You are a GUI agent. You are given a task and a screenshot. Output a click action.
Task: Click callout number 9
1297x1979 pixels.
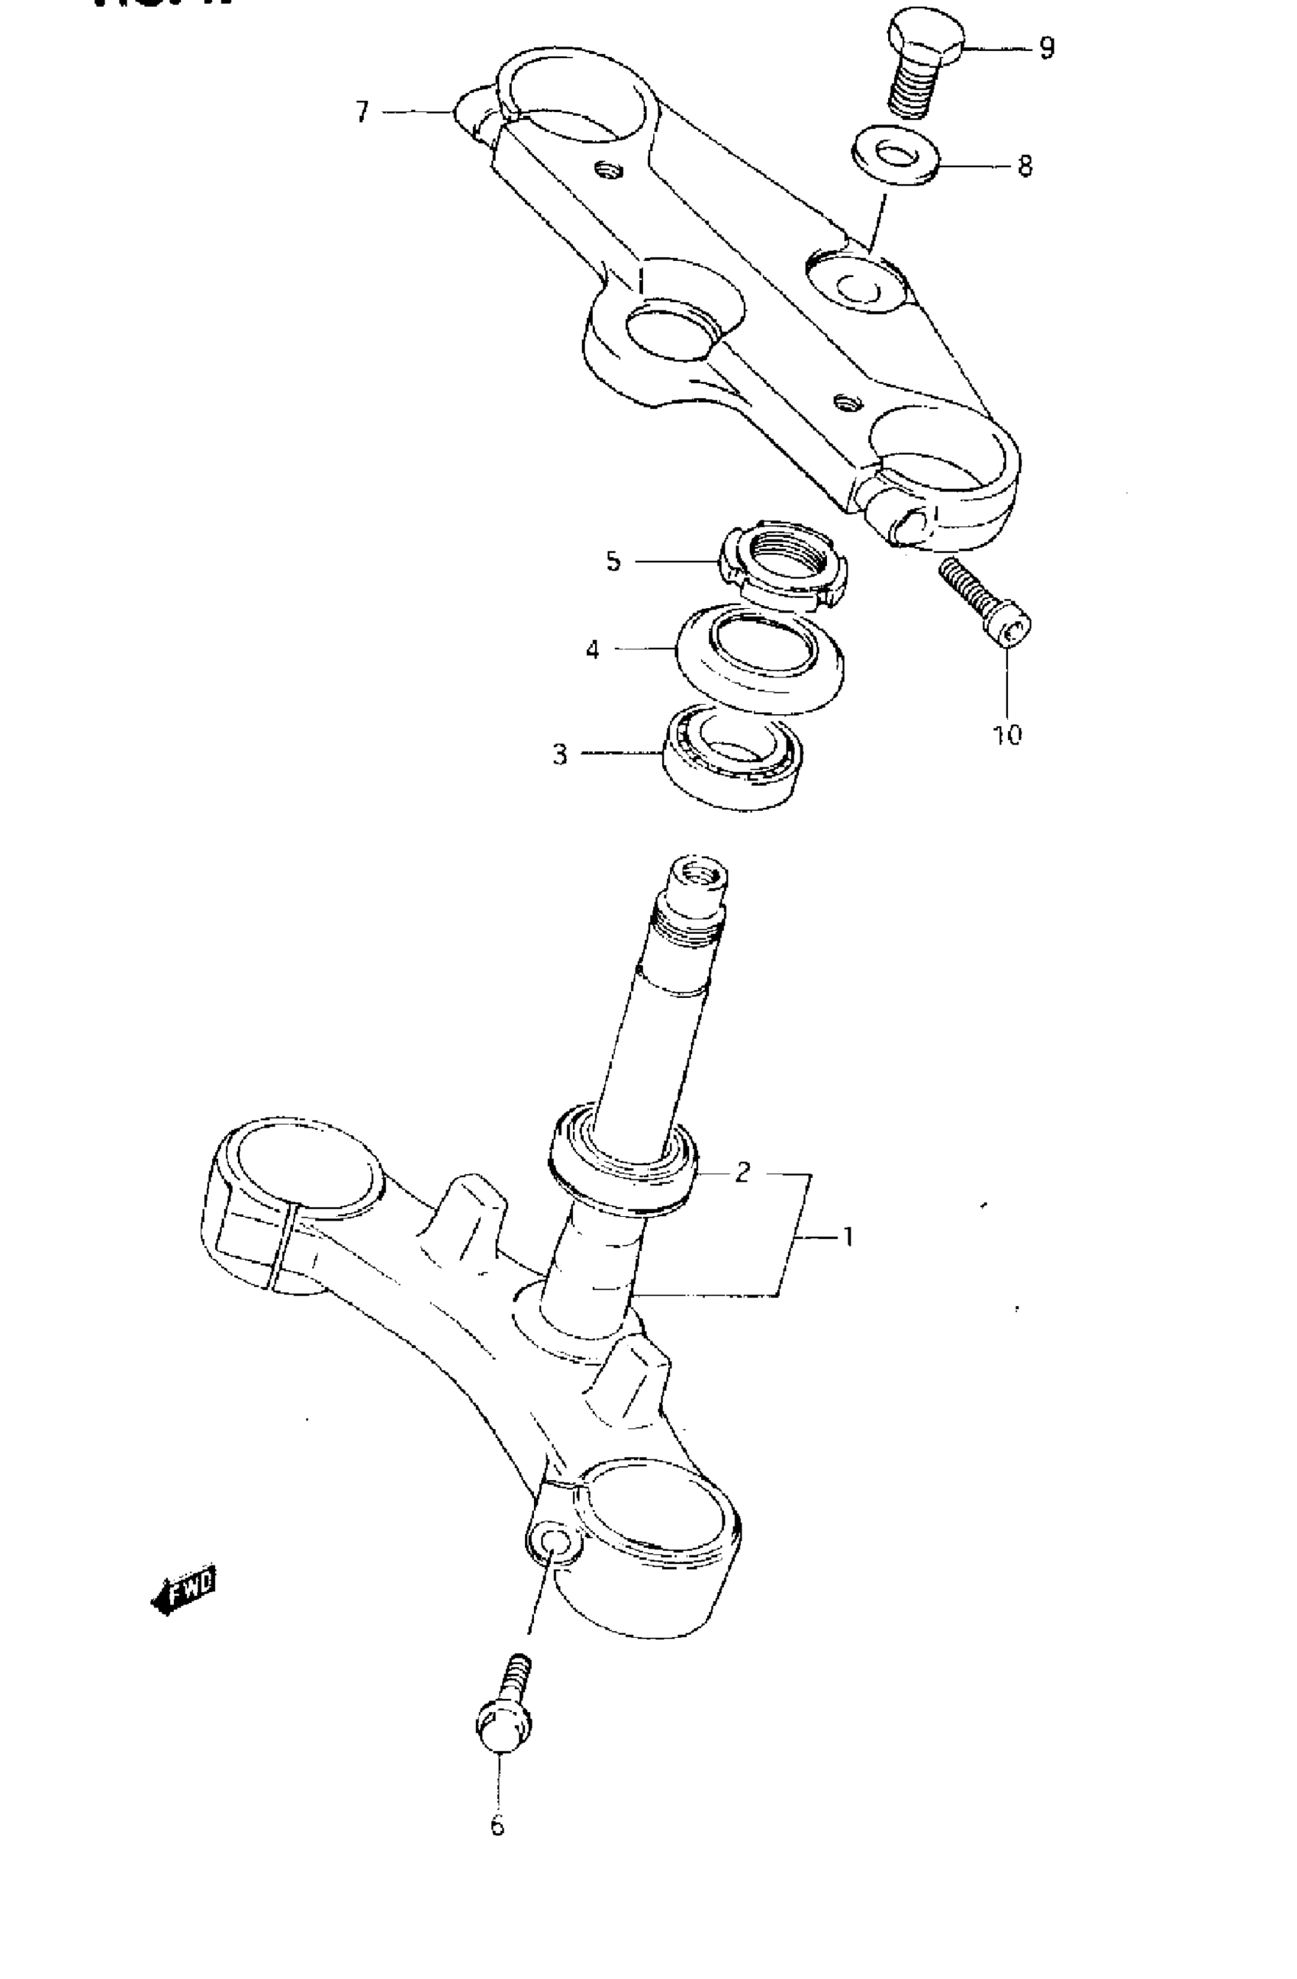[x=1047, y=49]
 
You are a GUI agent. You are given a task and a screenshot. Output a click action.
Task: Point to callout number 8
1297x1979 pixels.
[x=1025, y=166]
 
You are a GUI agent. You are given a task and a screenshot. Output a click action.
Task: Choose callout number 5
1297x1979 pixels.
[x=613, y=562]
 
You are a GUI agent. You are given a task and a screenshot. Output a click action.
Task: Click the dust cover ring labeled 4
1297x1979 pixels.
[x=760, y=657]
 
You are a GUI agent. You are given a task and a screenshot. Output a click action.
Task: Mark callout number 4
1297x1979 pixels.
[x=592, y=649]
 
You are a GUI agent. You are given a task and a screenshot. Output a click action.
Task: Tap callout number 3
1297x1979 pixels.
[x=560, y=755]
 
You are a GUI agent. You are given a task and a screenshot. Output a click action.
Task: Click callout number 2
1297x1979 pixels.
[x=742, y=1173]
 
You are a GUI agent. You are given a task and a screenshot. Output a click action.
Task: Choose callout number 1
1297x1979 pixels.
[x=847, y=1237]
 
